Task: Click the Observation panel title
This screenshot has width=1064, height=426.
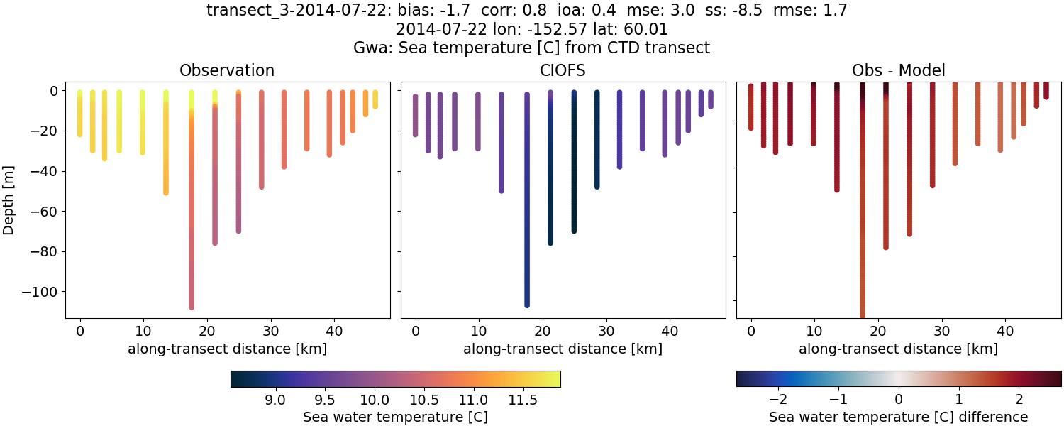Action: tap(227, 70)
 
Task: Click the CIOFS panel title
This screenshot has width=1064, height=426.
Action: tap(563, 70)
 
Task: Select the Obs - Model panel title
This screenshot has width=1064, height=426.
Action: tap(898, 70)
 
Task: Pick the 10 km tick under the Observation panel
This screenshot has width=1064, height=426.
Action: tap(143, 330)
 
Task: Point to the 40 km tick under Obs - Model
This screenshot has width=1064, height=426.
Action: tap(1005, 330)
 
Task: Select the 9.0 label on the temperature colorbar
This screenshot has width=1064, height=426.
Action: tap(275, 399)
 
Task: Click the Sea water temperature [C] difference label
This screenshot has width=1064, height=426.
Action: tap(898, 417)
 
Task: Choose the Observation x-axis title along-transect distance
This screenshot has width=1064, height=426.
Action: tap(227, 349)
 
